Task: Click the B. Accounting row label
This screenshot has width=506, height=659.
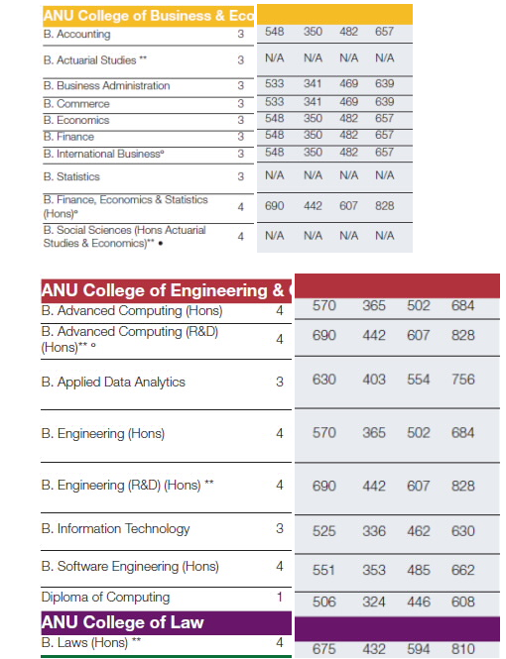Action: click(x=76, y=34)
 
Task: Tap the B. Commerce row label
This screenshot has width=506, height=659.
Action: click(x=76, y=104)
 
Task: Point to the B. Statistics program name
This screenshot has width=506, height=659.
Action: click(x=71, y=176)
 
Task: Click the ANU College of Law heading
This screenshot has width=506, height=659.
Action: click(x=122, y=622)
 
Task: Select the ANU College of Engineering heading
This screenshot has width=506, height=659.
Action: click(x=166, y=290)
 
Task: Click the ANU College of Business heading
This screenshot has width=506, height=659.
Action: click(x=148, y=16)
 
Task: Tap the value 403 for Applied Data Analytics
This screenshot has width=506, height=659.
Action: click(x=374, y=380)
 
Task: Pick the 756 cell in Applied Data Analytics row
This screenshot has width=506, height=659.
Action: click(x=462, y=380)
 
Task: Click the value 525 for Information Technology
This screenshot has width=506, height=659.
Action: click(x=323, y=531)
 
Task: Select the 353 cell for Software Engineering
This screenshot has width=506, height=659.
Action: click(x=374, y=570)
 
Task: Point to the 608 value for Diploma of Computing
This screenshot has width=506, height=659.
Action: click(x=462, y=602)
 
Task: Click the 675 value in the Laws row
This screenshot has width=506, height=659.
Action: click(x=323, y=649)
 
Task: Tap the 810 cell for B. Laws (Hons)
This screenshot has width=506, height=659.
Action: click(x=462, y=649)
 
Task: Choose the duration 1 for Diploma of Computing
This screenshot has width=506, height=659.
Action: click(x=280, y=597)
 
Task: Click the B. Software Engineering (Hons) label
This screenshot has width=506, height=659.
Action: click(x=130, y=567)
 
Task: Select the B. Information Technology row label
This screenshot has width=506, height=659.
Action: click(x=116, y=529)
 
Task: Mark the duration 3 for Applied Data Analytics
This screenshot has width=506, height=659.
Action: click(x=280, y=382)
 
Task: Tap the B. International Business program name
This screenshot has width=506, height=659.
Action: click(x=103, y=154)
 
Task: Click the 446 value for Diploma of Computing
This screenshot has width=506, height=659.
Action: click(x=419, y=602)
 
